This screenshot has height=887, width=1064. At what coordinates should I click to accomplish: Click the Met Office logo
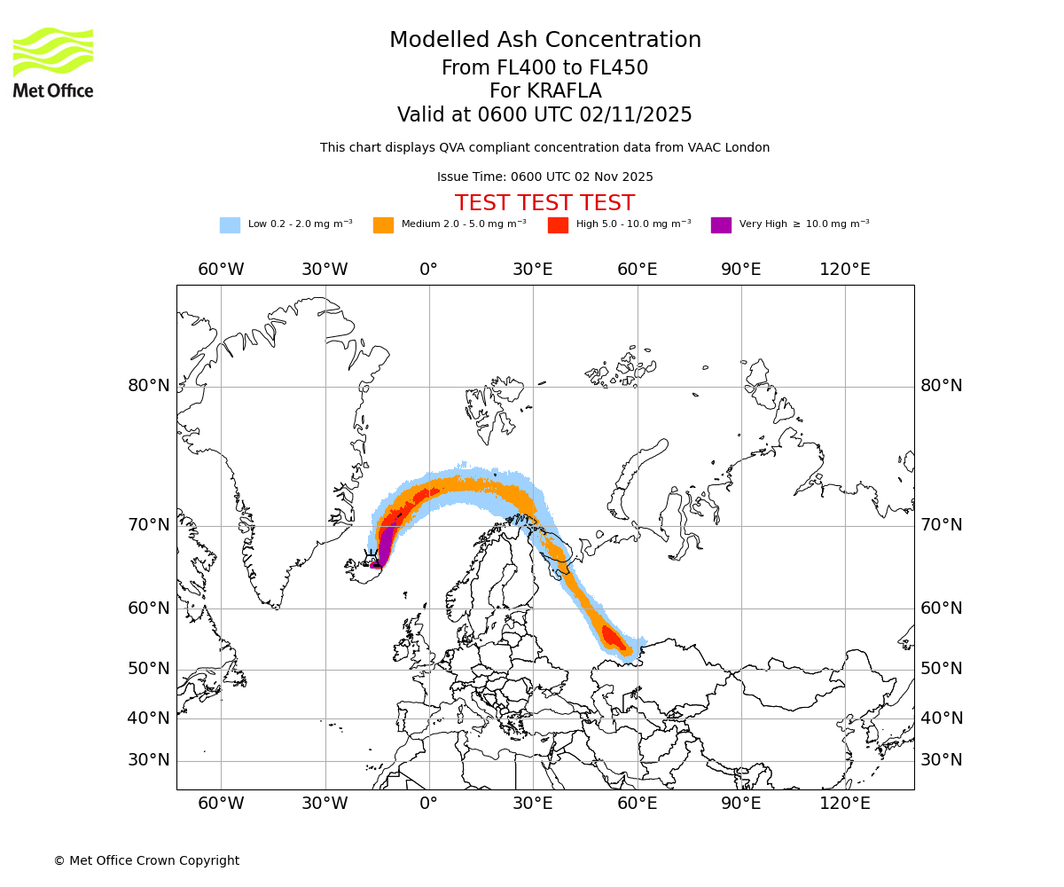point(53,62)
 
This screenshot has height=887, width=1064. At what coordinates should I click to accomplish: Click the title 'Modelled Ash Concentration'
point(545,40)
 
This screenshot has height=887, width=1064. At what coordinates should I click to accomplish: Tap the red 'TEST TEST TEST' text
point(544,203)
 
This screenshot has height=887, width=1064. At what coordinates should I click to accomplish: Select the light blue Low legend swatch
point(230,224)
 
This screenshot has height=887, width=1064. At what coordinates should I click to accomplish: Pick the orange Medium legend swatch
point(383,224)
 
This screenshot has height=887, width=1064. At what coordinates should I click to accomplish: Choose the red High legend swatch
point(558,224)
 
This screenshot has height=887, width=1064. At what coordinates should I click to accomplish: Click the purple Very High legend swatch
point(721,224)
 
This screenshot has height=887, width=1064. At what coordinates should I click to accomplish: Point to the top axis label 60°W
point(221,269)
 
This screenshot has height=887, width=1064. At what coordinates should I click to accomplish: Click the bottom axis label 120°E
point(844,803)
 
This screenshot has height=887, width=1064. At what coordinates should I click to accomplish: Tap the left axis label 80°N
point(148,386)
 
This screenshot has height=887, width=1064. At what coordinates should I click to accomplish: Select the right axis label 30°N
point(941,760)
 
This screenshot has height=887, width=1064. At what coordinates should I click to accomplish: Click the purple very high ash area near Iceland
point(385,541)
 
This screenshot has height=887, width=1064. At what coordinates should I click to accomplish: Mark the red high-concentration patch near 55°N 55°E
point(612,637)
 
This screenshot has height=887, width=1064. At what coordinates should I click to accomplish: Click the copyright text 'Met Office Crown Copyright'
point(146,860)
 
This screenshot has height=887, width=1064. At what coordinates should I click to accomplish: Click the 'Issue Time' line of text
point(544,177)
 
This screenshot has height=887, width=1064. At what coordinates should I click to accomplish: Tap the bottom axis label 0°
point(429,803)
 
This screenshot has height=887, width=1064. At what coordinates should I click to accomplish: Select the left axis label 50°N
point(148,669)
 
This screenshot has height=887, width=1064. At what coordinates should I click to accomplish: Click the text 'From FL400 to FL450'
point(544,68)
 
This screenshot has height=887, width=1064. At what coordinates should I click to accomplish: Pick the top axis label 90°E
point(740,269)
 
